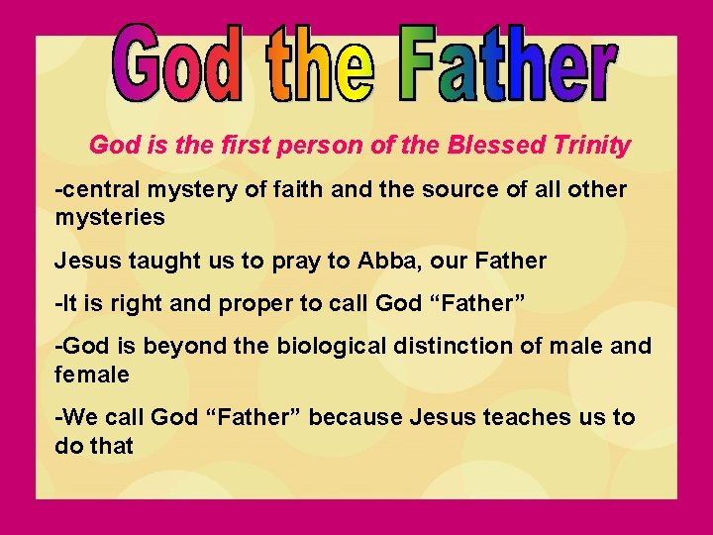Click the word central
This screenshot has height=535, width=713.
pos(95,188)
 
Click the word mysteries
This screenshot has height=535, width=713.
pos(110,215)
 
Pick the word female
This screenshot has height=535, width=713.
pos(92,374)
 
